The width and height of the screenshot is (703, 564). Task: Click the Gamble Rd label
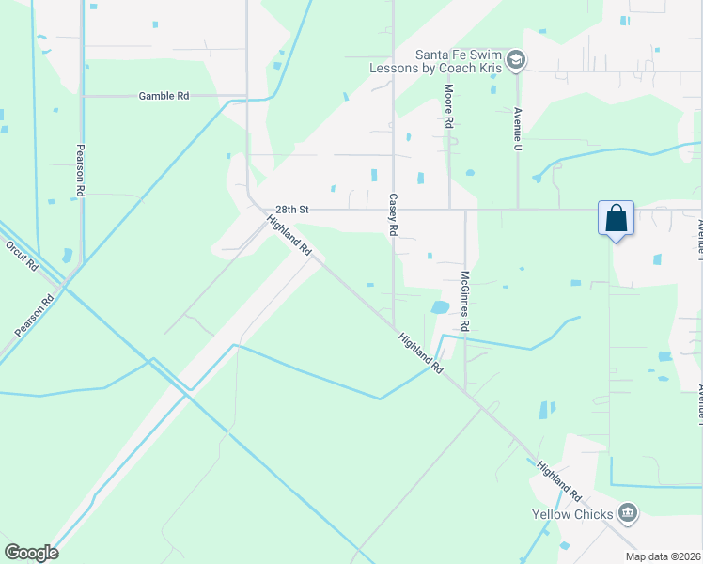[164, 96]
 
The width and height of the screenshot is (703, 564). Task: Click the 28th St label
[291, 210]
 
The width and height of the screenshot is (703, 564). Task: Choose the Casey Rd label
[393, 215]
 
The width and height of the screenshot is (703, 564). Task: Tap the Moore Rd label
[449, 105]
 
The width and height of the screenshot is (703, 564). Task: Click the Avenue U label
[517, 128]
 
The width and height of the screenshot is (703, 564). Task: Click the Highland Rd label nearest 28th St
[289, 236]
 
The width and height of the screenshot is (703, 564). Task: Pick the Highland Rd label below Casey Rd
[419, 354]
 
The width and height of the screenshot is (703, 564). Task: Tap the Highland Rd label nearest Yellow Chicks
[559, 481]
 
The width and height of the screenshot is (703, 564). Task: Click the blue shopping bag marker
[616, 219]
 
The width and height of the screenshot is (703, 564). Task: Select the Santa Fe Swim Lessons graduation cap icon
[515, 61]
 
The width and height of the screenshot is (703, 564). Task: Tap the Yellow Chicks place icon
[628, 513]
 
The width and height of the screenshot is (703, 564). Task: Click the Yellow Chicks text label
[572, 514]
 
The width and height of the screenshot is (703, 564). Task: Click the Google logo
[31, 552]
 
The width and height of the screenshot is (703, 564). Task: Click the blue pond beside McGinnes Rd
[439, 307]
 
